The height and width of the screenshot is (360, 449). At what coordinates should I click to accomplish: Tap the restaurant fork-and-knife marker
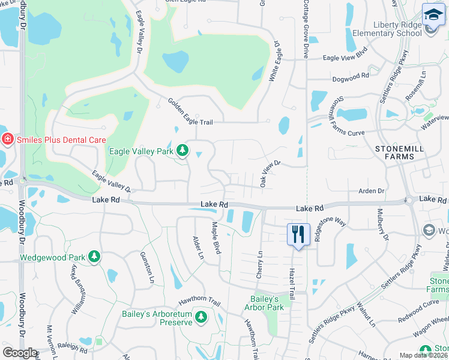point(298,233)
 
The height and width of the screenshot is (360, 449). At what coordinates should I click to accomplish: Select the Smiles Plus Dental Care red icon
point(7,140)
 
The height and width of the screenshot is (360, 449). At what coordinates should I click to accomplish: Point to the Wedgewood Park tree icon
point(94,257)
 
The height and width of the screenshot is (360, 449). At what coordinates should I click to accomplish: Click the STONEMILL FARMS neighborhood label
point(394,152)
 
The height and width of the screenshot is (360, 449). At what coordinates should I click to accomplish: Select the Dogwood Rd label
point(351,77)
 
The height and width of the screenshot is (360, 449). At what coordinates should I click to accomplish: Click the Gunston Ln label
point(147,268)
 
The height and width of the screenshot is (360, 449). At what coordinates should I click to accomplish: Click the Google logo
point(20,353)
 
